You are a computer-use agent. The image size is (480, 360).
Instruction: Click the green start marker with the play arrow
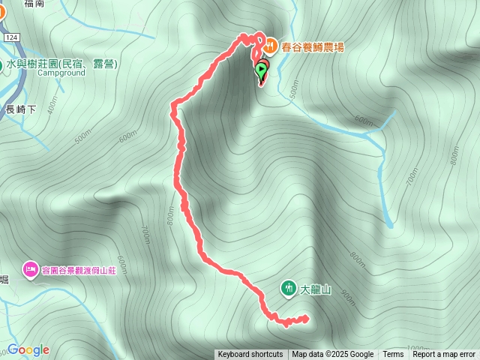click(x=260, y=72)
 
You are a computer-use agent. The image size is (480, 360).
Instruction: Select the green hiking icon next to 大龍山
click(x=288, y=288)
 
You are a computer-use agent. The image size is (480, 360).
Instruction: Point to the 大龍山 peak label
click(x=315, y=289)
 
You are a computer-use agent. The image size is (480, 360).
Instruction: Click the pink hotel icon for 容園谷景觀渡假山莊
click(x=31, y=268)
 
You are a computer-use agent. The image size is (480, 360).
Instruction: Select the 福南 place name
click(x=34, y=4)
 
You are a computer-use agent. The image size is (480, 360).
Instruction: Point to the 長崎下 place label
click(x=20, y=109)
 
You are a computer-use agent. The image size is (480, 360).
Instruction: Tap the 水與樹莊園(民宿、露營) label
click(x=61, y=64)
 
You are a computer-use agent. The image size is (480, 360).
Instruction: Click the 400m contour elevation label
click(x=52, y=109)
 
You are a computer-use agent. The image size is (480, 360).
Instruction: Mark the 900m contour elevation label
click(x=346, y=296)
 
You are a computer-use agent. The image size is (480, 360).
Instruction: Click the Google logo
click(x=28, y=349)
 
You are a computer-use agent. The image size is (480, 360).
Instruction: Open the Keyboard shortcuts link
click(x=250, y=355)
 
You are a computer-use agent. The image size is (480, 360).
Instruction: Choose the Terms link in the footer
click(x=393, y=355)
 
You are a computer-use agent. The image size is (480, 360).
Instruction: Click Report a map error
click(x=444, y=355)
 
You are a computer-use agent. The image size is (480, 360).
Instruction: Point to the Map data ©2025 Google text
click(x=333, y=355)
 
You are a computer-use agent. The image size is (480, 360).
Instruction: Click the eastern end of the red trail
click(x=307, y=318)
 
